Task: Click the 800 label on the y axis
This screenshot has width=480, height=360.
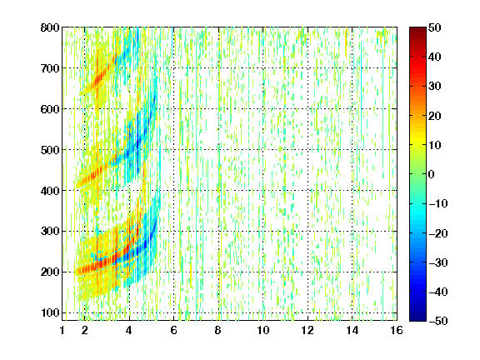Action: coord(50,27)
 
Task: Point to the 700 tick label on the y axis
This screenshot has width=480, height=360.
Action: coord(50,68)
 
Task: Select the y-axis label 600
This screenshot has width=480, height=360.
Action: coord(50,109)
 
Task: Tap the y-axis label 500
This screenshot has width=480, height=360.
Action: coord(50,150)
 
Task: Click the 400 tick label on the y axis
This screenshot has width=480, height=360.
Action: coord(50,191)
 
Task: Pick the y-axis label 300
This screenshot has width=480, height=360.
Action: coord(50,232)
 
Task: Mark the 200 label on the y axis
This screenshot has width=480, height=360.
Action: coord(50,272)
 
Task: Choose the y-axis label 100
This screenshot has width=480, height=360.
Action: coord(50,312)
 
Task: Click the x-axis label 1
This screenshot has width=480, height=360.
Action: coord(62,330)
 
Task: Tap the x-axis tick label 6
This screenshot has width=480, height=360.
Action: coord(173,330)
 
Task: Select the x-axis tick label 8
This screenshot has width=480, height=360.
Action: coord(218,330)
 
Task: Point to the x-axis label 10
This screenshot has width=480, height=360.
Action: coord(263,330)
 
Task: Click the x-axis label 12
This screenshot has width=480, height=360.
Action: coord(307,330)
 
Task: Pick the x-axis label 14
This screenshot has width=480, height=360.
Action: coord(352,330)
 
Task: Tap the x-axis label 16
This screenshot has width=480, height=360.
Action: coord(397,330)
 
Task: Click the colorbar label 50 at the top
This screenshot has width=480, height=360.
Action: coord(435,27)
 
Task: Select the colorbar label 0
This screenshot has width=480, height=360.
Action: coord(432,174)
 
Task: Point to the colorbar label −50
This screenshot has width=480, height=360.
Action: coord(438,321)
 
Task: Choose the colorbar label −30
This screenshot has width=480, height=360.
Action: coord(438,262)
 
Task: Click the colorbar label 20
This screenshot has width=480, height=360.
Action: coord(435,116)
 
